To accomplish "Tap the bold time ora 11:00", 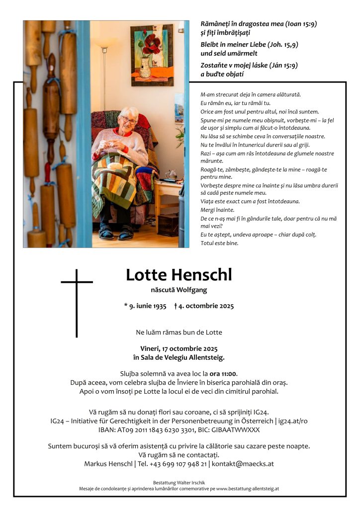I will click(x=223, y=373).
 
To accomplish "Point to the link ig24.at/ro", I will click(x=293, y=421).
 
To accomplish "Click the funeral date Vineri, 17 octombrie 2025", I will click(x=179, y=348).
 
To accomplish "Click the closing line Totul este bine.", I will click(x=219, y=243).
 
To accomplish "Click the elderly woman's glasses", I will click(x=129, y=120).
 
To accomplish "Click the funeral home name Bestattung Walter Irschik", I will click(x=179, y=482).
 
